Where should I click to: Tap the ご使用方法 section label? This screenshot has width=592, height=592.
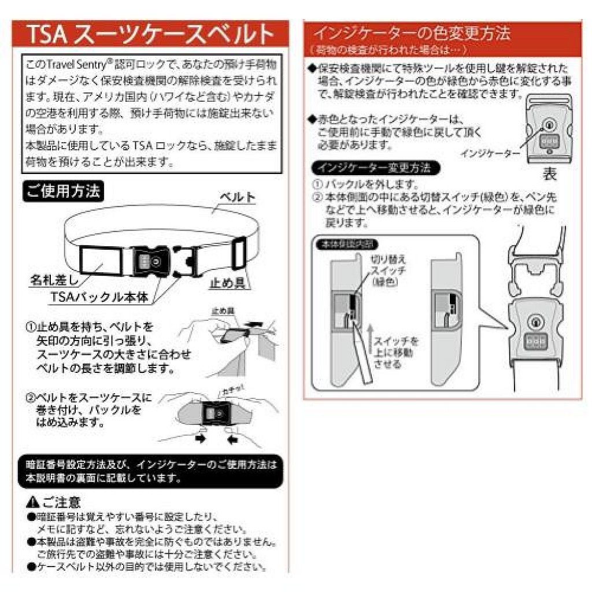63,191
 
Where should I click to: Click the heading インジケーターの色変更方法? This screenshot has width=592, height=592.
411,33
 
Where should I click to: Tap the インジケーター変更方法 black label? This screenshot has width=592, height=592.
375,168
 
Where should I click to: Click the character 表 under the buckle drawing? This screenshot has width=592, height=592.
549,173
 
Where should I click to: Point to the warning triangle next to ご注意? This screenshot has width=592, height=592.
32,502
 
